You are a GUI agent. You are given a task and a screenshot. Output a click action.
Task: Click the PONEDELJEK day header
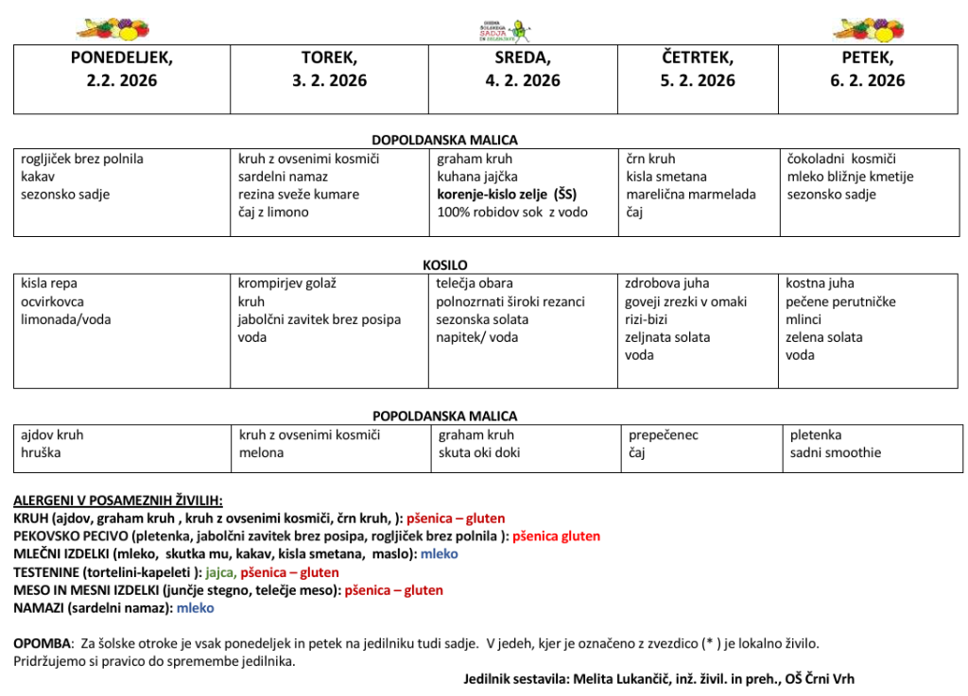[x=121, y=58]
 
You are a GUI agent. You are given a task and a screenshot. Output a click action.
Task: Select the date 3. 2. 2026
[x=329, y=80]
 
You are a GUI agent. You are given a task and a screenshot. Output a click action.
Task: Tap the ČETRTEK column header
[x=697, y=58]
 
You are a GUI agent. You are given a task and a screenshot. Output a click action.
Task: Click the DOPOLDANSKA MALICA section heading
[x=444, y=140]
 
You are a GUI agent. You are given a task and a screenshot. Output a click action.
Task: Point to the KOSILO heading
[x=445, y=265]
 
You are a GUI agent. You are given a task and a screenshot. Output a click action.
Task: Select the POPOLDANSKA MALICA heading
[x=444, y=416]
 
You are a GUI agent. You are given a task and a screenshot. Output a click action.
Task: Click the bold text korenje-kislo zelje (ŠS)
[x=507, y=195]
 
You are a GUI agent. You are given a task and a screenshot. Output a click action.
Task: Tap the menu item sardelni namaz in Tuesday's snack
[x=283, y=177]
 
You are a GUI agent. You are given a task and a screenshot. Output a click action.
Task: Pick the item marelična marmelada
[x=690, y=195]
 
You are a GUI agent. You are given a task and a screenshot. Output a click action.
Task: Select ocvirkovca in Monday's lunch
[x=52, y=302]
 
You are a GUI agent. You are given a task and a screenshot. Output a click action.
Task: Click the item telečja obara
[x=475, y=283]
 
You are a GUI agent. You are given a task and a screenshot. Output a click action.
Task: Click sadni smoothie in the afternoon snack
[x=835, y=453]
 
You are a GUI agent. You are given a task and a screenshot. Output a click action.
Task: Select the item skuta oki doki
[x=479, y=453]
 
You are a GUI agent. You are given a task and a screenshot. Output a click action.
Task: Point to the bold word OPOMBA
[x=42, y=643]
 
